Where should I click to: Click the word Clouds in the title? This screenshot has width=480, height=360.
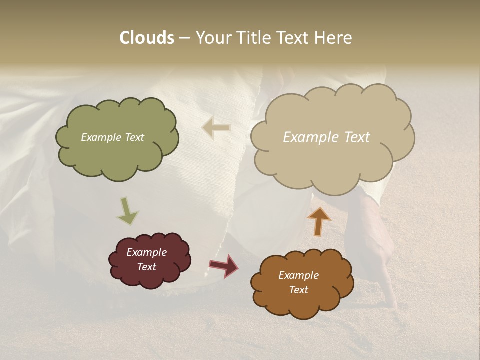tap(146, 38)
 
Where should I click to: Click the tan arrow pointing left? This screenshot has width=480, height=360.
tap(216, 128)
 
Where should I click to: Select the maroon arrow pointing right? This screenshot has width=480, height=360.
tap(224, 265)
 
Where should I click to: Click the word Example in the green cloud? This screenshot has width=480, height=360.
tap(101, 137)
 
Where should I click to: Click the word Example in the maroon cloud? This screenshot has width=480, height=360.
tap(146, 252)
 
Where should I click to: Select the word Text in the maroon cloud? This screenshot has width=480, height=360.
tap(146, 267)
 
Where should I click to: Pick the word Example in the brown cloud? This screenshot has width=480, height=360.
tap(298, 275)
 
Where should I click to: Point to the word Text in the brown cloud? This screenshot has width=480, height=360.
tap(298, 290)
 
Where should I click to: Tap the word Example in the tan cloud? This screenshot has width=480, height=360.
tap(309, 137)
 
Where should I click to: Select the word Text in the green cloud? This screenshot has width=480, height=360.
tap(133, 137)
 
